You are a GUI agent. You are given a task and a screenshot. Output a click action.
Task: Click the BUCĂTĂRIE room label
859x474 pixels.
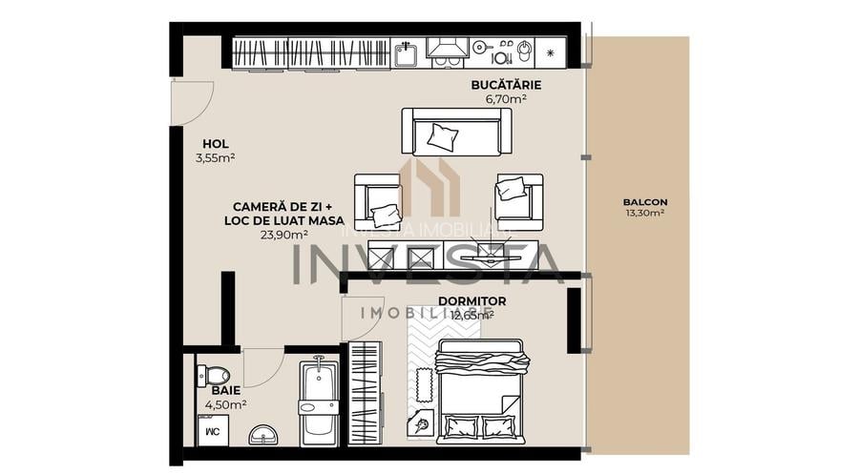(499, 84)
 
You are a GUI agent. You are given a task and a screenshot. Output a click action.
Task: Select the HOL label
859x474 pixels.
(215, 145)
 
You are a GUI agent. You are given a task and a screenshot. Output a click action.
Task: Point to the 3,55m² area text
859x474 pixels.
(215, 158)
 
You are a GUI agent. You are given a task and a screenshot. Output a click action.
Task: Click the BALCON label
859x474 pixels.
(644, 201)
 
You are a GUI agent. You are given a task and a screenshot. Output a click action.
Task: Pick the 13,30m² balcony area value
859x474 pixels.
(644, 213)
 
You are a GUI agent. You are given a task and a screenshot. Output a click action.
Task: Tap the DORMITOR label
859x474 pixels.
(471, 301)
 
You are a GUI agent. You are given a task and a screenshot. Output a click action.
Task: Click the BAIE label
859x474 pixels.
(226, 391)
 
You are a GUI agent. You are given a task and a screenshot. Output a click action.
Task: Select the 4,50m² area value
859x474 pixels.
(226, 404)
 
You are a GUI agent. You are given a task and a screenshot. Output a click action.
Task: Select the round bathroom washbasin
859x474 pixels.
(263, 436)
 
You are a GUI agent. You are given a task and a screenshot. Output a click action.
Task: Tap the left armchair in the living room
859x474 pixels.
(379, 201)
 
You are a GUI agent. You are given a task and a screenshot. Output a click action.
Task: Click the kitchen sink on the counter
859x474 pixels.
(406, 52)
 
